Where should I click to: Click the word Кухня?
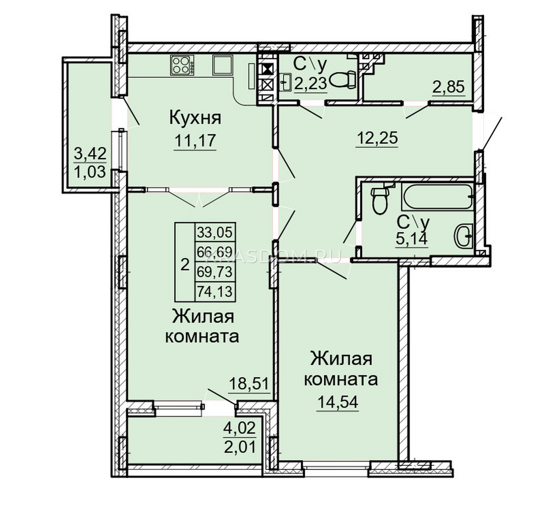click(x=195, y=118)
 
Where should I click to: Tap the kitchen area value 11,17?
click(x=195, y=140)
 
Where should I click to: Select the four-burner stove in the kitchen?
click(x=182, y=65)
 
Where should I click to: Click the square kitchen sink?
click(x=223, y=65)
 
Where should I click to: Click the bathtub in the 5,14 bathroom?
click(x=437, y=197)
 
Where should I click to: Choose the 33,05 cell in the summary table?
click(x=215, y=233)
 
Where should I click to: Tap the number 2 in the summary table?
click(x=185, y=265)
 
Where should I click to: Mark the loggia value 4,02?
click(x=240, y=428)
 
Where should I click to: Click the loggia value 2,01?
click(x=240, y=447)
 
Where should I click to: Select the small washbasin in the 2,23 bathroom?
click(x=285, y=82)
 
